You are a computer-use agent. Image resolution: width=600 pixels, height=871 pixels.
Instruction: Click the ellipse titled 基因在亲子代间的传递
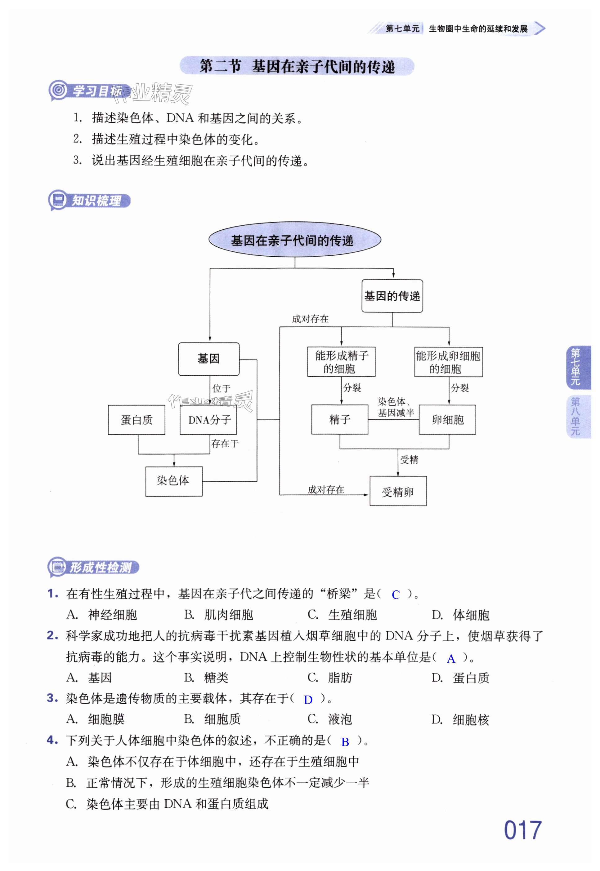[x=295, y=240]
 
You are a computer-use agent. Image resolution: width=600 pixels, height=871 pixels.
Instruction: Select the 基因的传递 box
[x=392, y=296]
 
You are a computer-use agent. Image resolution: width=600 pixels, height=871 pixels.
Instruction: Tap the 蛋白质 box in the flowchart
[x=137, y=420]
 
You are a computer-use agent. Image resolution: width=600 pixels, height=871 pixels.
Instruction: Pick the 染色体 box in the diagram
[x=174, y=481]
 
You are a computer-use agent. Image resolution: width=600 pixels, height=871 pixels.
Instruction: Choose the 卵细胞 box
[x=447, y=420]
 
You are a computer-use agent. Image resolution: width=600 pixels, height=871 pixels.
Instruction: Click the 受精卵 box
[x=398, y=491]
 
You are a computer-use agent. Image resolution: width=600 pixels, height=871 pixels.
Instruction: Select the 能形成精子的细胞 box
[x=341, y=362]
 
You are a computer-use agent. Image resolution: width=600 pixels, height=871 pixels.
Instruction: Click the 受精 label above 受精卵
[x=409, y=459]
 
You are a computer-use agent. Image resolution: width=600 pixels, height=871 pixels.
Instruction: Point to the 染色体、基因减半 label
[x=396, y=407]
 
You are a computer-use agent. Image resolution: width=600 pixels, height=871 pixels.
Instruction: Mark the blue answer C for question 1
[x=396, y=595]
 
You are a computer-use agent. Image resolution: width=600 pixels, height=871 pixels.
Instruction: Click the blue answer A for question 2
[x=451, y=658]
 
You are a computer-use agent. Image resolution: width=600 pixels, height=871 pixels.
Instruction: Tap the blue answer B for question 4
[x=345, y=742]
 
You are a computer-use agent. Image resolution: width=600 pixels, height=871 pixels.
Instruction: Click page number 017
[x=522, y=830]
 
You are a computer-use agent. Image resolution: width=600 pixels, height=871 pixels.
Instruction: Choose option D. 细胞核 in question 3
[x=460, y=720]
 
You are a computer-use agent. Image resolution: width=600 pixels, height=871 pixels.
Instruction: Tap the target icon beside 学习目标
[x=58, y=90]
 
